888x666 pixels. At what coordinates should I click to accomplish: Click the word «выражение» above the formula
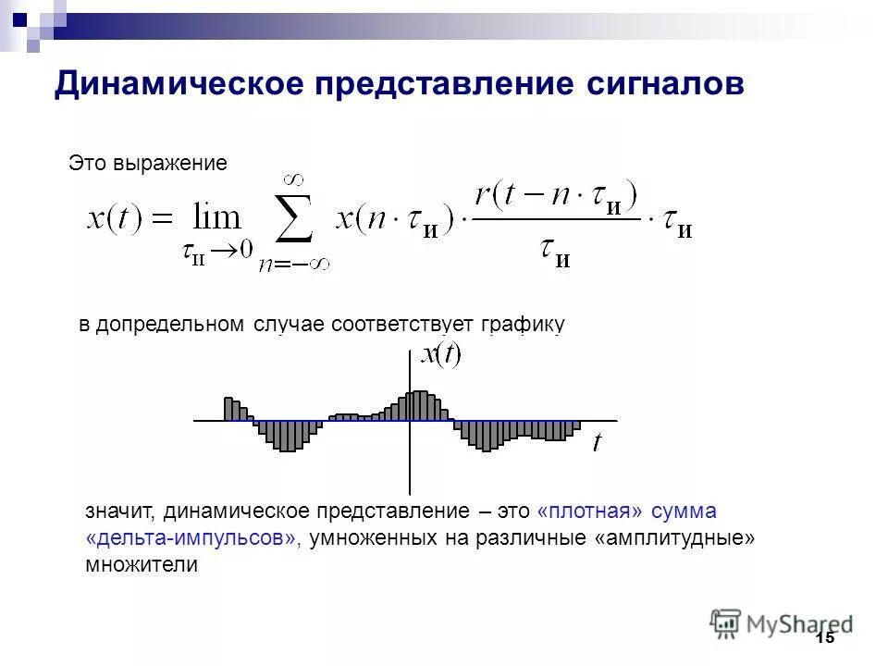click(x=170, y=163)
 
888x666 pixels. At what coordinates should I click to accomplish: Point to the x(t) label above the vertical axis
click(x=440, y=354)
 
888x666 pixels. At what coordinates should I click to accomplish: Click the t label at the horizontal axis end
click(x=597, y=443)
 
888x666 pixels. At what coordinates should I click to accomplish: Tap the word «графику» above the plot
click(x=522, y=324)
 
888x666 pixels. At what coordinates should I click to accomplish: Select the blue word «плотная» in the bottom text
click(x=589, y=511)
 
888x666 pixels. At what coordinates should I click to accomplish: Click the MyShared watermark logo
click(x=782, y=624)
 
